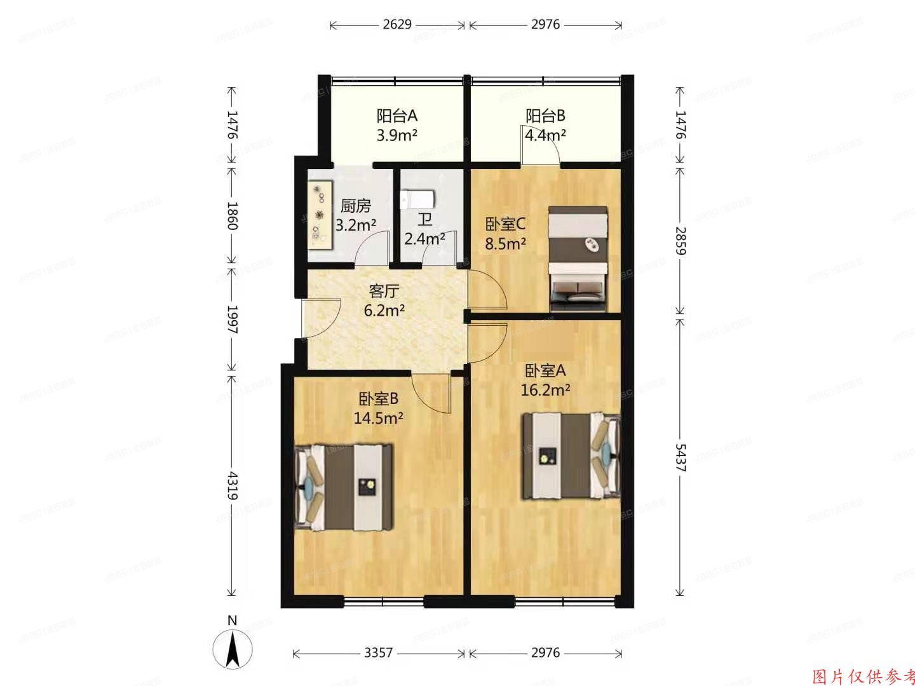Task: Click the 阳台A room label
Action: pyautogui.click(x=396, y=116)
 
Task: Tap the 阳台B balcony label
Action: pyautogui.click(x=545, y=116)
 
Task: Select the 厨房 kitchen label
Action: pyautogui.click(x=355, y=206)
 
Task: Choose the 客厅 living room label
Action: pyautogui.click(x=384, y=292)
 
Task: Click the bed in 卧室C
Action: pyautogui.click(x=579, y=257)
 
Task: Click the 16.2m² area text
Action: pyautogui.click(x=545, y=390)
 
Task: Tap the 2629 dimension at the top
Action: pyautogui.click(x=398, y=25)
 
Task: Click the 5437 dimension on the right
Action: pyautogui.click(x=679, y=457)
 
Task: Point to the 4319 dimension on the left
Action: pyautogui.click(x=232, y=485)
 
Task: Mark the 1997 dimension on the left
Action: pyautogui.click(x=232, y=321)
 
